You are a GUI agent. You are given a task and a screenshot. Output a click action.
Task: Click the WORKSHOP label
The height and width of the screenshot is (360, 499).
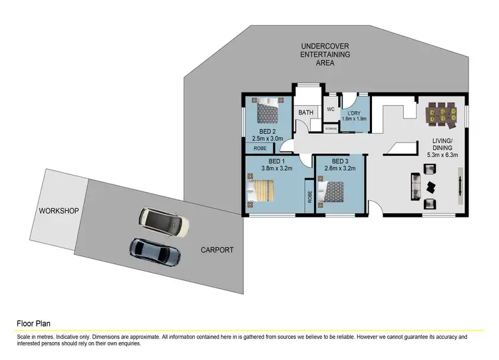pos(59,211)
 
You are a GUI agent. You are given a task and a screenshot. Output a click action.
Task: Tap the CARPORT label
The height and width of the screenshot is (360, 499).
pos(218,250)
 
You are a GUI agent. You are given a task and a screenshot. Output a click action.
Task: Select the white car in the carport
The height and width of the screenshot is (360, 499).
pos(163,222)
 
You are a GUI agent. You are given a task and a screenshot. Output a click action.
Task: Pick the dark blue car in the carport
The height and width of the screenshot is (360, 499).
pos(155,251)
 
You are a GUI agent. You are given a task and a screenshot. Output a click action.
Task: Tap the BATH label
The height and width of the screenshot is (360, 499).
pos(305,112)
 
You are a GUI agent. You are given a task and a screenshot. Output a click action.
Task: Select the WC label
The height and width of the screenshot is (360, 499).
pos(330,110)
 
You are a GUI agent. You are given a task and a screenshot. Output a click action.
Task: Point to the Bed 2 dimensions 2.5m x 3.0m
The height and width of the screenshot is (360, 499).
pos(267,139)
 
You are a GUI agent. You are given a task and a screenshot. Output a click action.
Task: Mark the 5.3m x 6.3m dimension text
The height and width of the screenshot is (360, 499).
pos(443,155)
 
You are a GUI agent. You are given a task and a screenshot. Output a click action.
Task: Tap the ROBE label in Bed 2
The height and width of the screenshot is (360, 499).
pos(259,148)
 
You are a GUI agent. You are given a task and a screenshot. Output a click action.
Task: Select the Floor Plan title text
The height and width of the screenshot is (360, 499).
pos(33,324)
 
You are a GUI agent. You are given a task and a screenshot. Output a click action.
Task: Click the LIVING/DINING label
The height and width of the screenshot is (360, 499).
pos(442,144)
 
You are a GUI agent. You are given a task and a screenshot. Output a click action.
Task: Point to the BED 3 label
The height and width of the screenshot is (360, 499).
pos(340,161)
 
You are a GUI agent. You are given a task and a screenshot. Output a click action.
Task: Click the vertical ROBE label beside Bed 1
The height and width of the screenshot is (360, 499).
pos(309,198)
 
